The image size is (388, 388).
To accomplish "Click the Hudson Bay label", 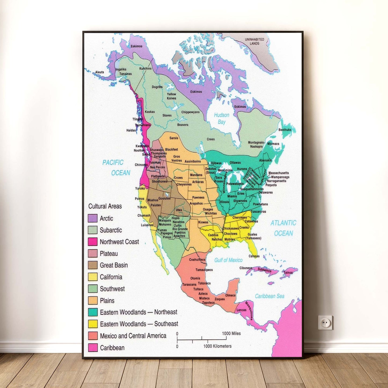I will [x=222, y=118].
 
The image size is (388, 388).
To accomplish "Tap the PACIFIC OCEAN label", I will [x=116, y=168].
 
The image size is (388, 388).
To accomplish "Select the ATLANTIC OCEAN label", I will [x=283, y=228].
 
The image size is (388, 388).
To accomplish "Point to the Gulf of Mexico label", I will [x=228, y=260].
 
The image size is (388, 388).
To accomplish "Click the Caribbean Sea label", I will [x=269, y=296].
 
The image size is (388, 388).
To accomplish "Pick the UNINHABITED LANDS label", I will [x=254, y=41].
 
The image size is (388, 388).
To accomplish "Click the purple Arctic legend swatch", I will [x=92, y=218].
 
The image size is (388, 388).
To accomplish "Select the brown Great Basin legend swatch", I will [x=92, y=265].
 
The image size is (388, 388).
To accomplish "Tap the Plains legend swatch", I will [x=92, y=300].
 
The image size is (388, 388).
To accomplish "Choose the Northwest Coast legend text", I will [x=119, y=242].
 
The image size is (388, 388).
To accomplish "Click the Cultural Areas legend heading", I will [x=105, y=206].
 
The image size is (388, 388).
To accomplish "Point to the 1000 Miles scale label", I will [x=231, y=333].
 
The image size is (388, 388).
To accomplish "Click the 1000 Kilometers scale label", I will [x=217, y=346].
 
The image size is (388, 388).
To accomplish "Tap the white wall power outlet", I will [x=325, y=322].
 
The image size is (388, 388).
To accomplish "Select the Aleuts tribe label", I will [x=100, y=72].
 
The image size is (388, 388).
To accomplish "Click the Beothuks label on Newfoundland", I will [x=285, y=130].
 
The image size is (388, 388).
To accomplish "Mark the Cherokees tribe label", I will [x=240, y=217].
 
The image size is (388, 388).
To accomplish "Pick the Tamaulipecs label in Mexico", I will [x=204, y=270].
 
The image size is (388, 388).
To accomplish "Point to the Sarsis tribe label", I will [x=174, y=138].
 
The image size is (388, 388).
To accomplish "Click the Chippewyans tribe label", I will [x=190, y=112].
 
